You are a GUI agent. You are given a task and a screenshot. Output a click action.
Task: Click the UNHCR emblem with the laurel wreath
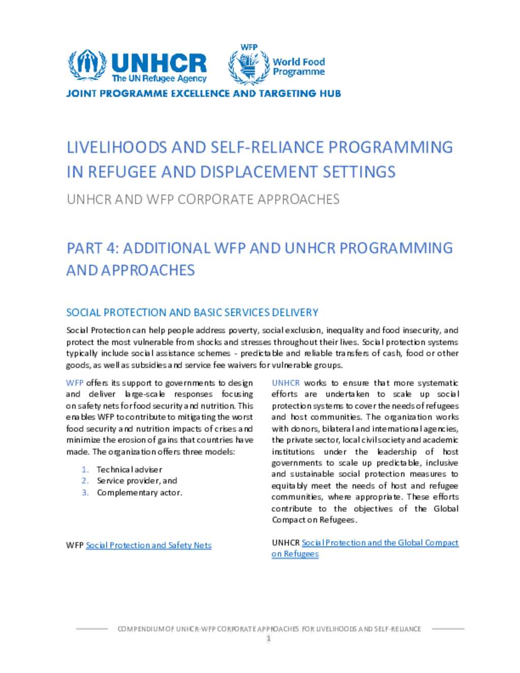coord(87,65)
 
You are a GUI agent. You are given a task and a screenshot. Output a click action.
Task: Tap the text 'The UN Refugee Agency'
coord(159,79)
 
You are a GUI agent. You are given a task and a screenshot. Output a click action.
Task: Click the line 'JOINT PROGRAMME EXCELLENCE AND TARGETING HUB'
coord(203,93)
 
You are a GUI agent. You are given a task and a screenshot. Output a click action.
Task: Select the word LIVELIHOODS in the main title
coord(117,147)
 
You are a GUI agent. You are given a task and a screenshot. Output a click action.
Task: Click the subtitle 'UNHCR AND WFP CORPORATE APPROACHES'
coord(203,199)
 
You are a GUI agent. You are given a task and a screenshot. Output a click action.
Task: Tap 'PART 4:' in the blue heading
coord(92,248)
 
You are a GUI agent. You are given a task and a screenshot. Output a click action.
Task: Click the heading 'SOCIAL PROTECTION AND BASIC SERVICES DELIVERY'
coord(192,312)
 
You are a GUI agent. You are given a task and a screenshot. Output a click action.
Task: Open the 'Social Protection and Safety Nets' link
coord(148,545)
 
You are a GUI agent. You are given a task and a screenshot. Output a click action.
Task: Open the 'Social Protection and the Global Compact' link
coord(380,542)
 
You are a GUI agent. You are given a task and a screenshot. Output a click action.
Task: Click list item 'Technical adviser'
coord(129,469)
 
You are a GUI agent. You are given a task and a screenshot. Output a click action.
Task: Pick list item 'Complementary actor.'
coord(139,492)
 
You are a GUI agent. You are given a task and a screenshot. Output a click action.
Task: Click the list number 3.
coord(85,492)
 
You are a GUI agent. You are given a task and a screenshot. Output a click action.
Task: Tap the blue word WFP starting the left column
coord(75,383)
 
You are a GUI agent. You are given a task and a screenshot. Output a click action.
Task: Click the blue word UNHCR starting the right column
coord(285,383)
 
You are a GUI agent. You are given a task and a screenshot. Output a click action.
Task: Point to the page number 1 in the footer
coord(269,638)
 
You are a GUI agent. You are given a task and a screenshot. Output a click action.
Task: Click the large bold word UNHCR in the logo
coord(158,63)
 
